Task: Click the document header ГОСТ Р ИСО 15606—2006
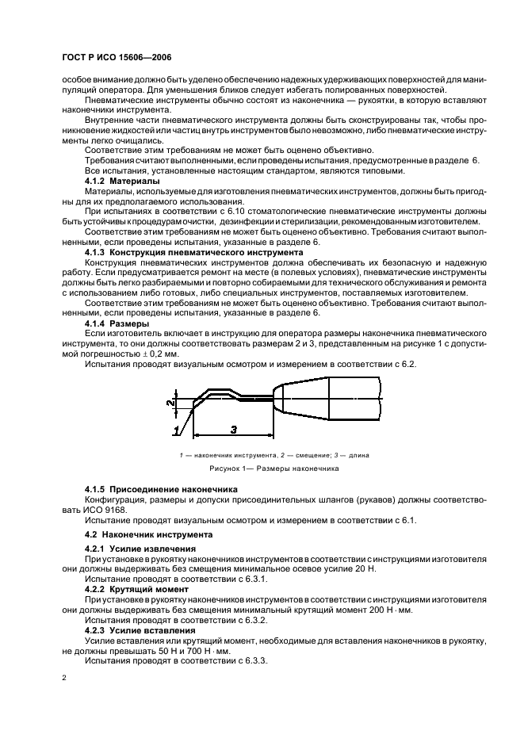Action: click(117, 57)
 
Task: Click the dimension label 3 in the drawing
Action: click(233, 429)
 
